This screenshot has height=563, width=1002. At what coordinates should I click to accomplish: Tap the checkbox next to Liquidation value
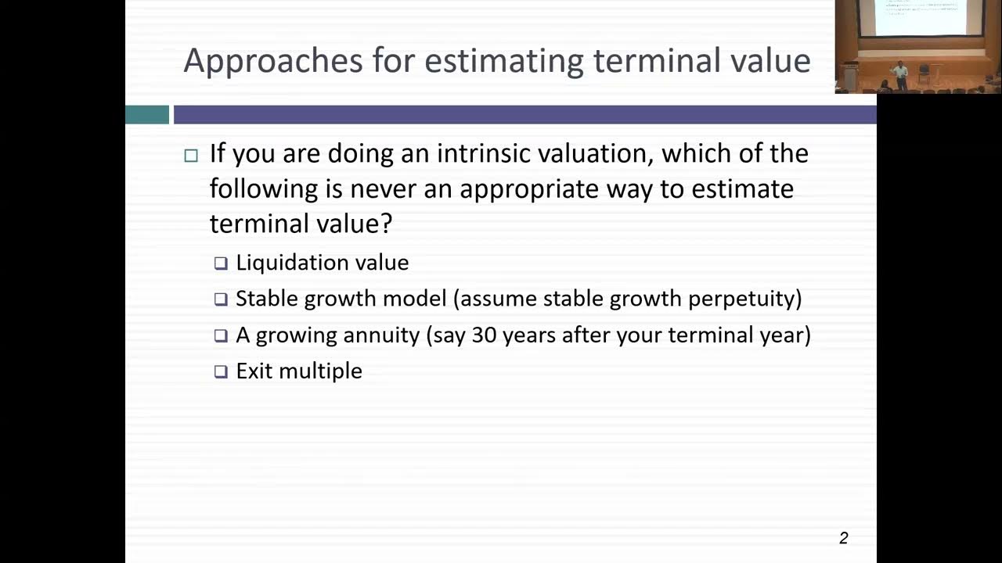click(221, 264)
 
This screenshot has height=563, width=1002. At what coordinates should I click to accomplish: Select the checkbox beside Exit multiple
click(221, 371)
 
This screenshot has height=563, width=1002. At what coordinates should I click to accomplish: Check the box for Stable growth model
click(221, 299)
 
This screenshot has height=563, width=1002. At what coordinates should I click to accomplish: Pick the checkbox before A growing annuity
click(221, 335)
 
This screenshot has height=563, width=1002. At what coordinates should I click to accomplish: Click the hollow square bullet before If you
click(191, 155)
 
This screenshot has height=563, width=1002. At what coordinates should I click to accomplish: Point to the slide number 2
click(843, 538)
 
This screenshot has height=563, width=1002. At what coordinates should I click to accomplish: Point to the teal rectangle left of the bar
click(147, 115)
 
